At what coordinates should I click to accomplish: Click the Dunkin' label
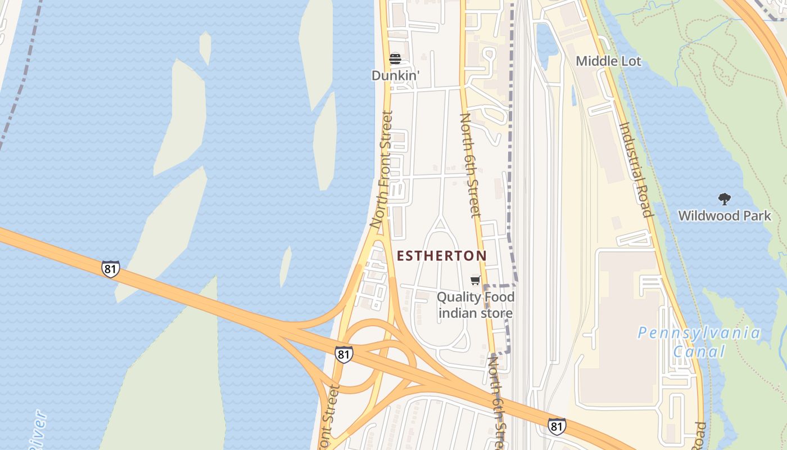[x=395, y=75]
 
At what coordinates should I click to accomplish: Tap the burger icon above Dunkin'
[x=395, y=59]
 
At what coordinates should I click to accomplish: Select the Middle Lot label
[x=608, y=61]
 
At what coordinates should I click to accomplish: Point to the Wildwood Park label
[x=724, y=215]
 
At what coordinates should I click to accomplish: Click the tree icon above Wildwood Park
[x=724, y=199]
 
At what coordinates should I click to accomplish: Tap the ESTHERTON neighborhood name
[x=442, y=256]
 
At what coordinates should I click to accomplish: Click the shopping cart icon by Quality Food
[x=476, y=281]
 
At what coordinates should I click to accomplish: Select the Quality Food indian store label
[x=476, y=305]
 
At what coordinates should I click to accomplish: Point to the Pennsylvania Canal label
[x=699, y=342]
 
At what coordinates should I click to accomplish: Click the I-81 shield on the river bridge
[x=111, y=269]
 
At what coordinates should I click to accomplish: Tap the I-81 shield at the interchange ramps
[x=343, y=354]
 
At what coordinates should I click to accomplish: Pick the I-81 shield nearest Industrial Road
[x=557, y=426]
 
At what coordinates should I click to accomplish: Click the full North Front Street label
[x=381, y=169]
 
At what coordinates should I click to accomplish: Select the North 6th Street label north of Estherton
[x=471, y=165]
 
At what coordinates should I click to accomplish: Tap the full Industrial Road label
[x=636, y=169]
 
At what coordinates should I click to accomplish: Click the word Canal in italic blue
[x=699, y=352]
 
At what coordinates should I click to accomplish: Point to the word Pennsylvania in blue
[x=699, y=333]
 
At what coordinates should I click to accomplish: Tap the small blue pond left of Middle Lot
[x=546, y=40]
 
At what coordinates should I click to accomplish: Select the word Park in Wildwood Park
[x=757, y=215]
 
